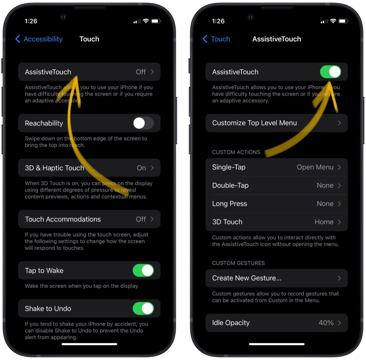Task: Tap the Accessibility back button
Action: (39, 39)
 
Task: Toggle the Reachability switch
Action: (143, 123)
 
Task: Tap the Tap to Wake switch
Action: (143, 271)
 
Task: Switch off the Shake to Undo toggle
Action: (143, 309)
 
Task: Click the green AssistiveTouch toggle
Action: (330, 72)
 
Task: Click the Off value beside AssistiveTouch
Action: (141, 72)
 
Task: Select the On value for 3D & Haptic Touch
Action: (141, 168)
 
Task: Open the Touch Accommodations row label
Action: (63, 219)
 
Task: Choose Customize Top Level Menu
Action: (254, 123)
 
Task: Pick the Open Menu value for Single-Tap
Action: (315, 167)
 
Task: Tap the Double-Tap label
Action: (230, 186)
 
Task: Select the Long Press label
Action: (230, 204)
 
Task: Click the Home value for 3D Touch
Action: (324, 222)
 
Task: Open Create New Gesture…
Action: (247, 278)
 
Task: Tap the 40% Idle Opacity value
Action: (326, 323)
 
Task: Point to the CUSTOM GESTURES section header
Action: (238, 263)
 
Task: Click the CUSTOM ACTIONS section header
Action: (236, 152)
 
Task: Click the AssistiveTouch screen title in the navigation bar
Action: (277, 39)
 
